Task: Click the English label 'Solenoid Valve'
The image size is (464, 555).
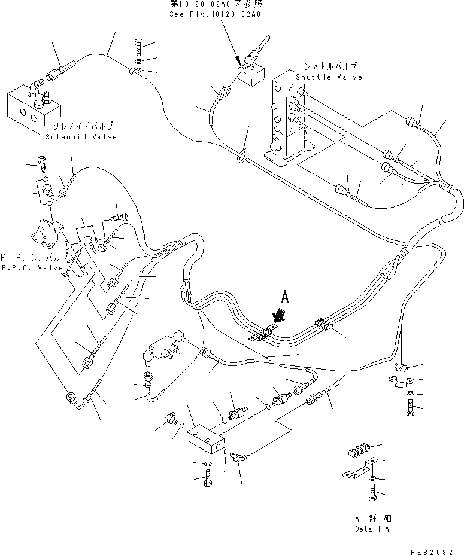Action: [x=81, y=137]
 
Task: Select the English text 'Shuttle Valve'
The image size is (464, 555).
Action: [x=329, y=77]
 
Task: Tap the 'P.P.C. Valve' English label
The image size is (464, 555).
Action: [x=31, y=268]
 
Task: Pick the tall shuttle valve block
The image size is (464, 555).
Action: [x=284, y=120]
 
